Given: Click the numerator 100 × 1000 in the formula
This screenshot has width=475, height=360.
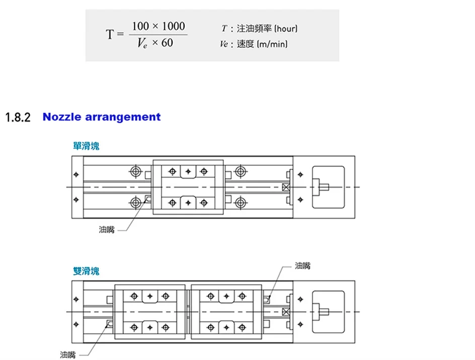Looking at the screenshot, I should (158, 26).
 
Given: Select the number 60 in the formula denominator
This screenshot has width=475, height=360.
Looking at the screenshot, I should (168, 43).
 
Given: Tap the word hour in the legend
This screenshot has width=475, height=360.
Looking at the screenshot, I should (286, 29).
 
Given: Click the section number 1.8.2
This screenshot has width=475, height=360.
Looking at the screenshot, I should (18, 118).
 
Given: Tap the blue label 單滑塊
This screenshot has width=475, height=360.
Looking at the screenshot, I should (86, 146).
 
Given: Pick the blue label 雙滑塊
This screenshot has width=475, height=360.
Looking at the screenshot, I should (86, 272).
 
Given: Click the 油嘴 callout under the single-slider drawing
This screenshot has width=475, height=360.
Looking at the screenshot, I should (107, 230).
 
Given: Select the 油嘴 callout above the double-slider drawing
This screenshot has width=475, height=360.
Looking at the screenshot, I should (303, 265).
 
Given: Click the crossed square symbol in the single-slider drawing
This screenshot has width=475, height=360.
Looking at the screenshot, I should (286, 187).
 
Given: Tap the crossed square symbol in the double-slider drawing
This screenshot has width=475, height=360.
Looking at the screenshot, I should (286, 312).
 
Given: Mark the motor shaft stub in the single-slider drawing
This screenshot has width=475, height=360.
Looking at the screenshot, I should (325, 187).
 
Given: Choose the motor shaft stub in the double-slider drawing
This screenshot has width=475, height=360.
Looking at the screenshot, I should (325, 312).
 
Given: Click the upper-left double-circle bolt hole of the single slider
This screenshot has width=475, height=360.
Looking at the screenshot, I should (135, 171).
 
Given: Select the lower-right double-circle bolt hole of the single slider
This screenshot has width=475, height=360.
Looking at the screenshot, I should (241, 203).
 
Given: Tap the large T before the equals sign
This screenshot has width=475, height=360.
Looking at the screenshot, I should (110, 35).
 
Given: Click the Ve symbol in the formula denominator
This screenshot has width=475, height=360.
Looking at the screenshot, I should (142, 44).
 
